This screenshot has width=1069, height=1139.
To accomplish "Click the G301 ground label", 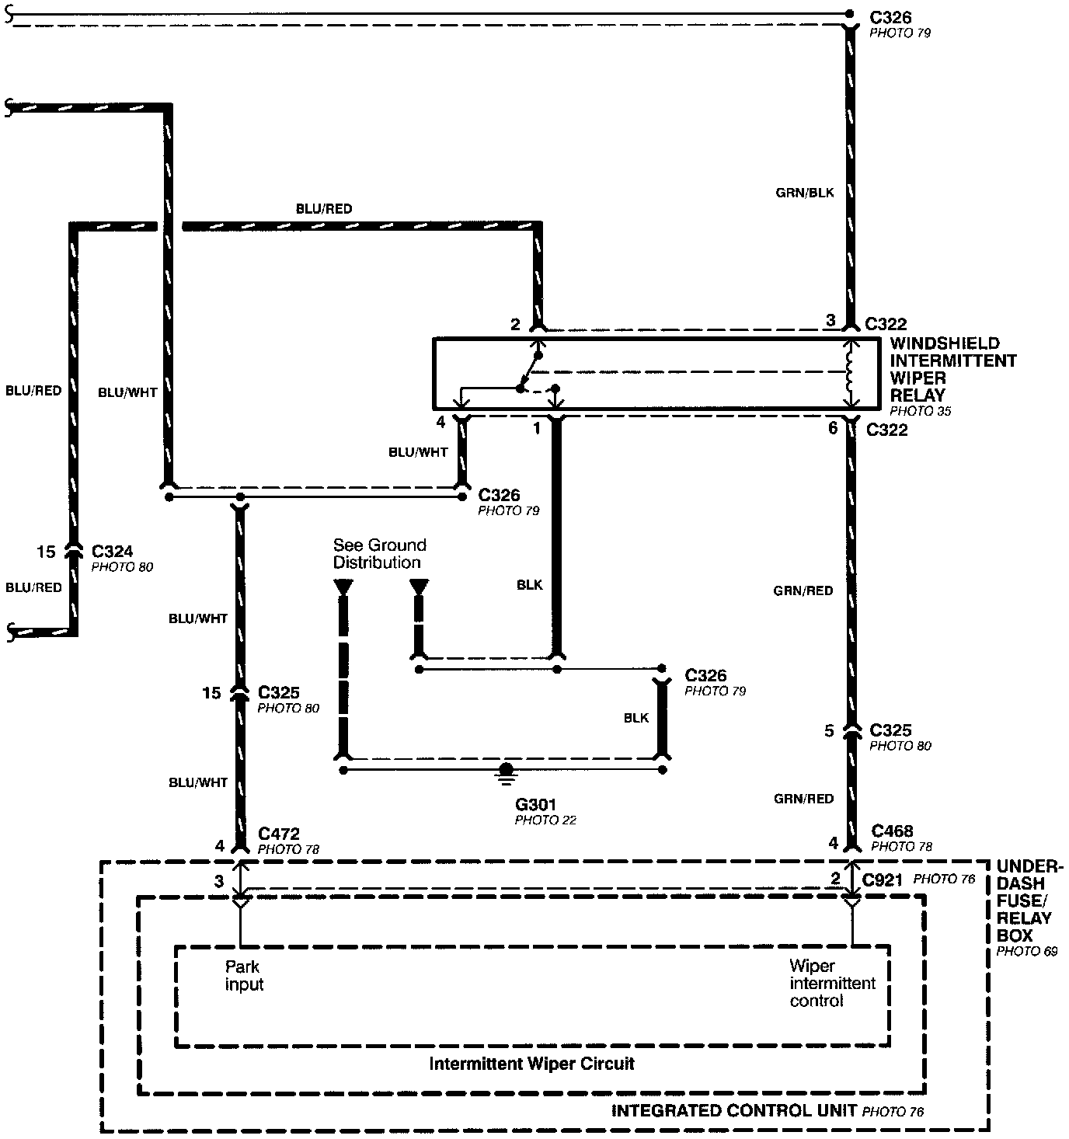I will [537, 804].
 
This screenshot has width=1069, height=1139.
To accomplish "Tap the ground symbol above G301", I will [506, 771].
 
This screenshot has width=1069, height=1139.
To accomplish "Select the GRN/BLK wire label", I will [805, 192].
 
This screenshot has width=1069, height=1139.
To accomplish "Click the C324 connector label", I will [112, 552].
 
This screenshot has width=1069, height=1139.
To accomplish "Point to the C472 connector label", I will [278, 834].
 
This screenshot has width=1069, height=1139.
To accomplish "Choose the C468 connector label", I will [892, 831].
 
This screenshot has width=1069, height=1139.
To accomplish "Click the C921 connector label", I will [882, 880].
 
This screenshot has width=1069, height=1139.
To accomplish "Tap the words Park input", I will [244, 976].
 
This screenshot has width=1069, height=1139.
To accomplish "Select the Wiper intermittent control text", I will [832, 984].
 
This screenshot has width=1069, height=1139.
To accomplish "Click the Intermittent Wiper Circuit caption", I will [531, 1064].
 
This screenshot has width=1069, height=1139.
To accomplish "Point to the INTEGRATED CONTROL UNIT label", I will [733, 1110].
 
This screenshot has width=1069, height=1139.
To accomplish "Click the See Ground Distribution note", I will [379, 553].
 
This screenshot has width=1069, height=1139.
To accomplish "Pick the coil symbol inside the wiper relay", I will [850, 372].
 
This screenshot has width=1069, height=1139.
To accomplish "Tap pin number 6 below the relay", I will [832, 427].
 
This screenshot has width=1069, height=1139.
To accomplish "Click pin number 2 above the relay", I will [515, 325].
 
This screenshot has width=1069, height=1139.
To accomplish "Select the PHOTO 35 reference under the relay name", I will [920, 411].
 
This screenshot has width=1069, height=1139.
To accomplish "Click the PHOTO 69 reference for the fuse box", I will [1026, 951].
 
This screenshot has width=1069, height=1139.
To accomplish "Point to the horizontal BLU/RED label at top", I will [323, 209].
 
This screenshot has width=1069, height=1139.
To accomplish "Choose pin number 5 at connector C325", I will [829, 731].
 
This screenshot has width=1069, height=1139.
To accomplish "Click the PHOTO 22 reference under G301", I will [545, 820].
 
